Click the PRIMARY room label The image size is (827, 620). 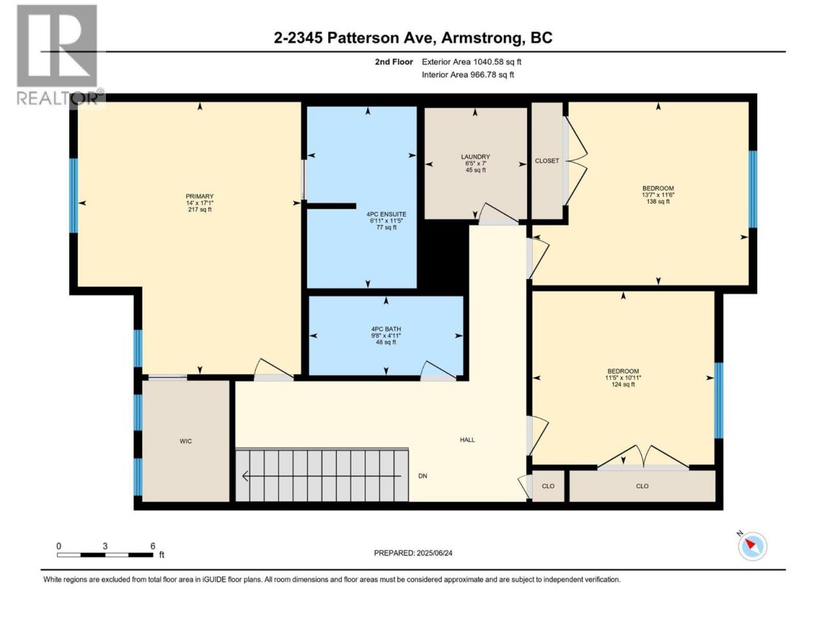click(x=199, y=196)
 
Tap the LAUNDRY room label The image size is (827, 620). click(x=475, y=156)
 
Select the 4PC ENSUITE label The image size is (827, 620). click(x=386, y=214)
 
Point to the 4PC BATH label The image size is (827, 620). click(x=386, y=329)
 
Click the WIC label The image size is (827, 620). click(x=185, y=441)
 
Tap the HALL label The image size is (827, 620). click(x=467, y=439)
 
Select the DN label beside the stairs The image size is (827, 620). click(x=423, y=476)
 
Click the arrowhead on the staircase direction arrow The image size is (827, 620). click(x=245, y=476)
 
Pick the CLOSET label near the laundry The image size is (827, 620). click(x=547, y=161)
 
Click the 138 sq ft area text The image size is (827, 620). click(x=658, y=201)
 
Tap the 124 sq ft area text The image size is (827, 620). click(x=623, y=384)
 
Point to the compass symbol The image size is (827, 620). click(x=752, y=546)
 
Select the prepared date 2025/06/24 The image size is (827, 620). click(x=434, y=553)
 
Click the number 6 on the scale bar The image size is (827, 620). click(x=152, y=546)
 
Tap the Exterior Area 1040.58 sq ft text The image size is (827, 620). click(x=472, y=62)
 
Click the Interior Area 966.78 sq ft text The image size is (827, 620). click(x=468, y=74)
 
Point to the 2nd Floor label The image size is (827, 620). click(x=393, y=62)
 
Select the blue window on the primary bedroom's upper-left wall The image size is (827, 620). click(x=74, y=196)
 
